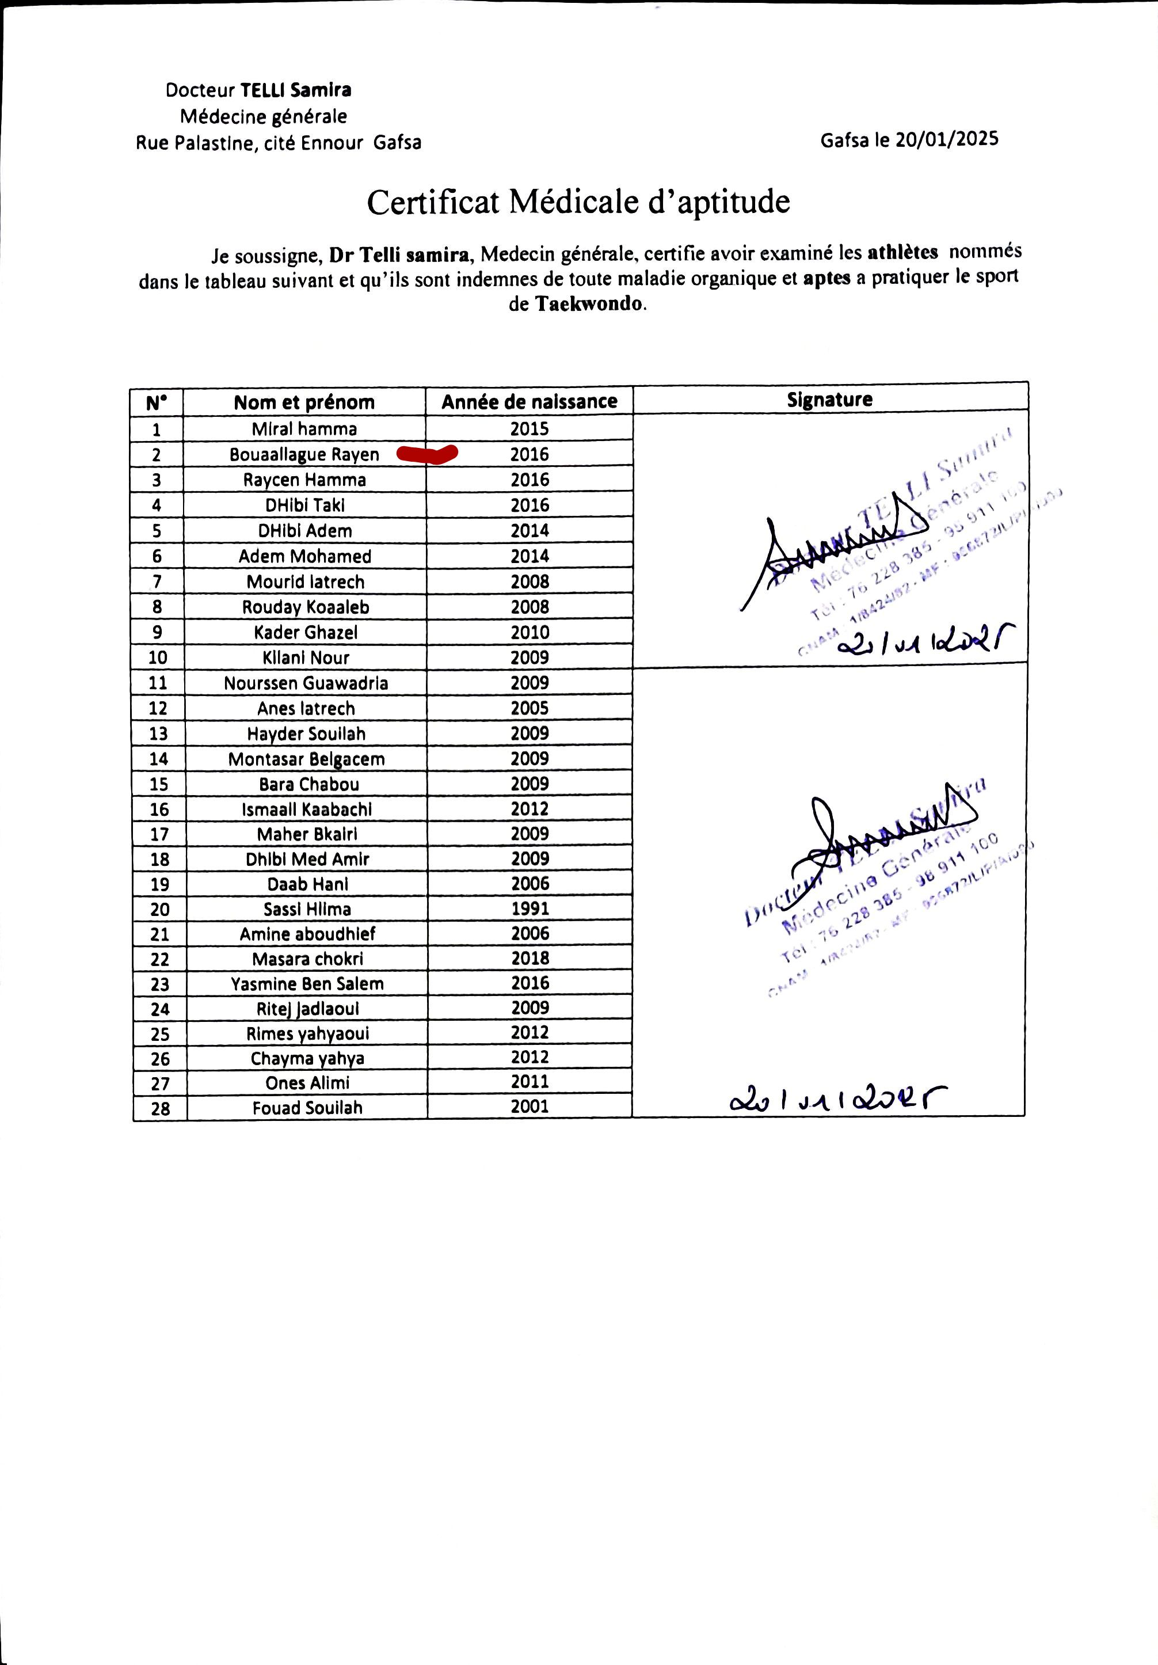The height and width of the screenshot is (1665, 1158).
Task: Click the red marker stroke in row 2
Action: coord(427,454)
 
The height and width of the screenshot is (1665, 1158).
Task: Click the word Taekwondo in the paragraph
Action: coord(589,303)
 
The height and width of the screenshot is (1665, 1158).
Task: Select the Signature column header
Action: coord(829,399)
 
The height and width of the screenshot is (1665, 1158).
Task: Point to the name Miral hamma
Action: coord(304,428)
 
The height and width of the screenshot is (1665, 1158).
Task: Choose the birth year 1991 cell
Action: coord(530,908)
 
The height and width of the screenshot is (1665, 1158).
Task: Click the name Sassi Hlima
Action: coord(307,908)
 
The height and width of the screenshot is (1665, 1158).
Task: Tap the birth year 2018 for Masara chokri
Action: coord(530,958)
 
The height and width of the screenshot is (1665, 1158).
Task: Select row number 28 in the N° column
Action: coord(160,1108)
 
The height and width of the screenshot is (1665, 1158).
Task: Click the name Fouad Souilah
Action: coord(307,1107)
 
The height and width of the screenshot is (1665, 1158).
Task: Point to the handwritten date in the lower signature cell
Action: coord(837,1100)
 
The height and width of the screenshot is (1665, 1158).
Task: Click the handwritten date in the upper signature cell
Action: coord(924,640)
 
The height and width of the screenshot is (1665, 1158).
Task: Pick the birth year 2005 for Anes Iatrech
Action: coord(530,708)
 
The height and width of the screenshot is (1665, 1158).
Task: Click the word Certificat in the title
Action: coord(433,202)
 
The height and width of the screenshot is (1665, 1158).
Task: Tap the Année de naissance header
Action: coord(530,401)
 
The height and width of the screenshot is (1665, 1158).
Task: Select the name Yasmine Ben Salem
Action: coord(307,983)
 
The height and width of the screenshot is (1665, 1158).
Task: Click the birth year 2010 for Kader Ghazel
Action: coord(530,632)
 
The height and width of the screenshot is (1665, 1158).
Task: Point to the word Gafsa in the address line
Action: coord(397,142)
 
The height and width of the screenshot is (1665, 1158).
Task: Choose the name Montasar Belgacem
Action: coord(307,759)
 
